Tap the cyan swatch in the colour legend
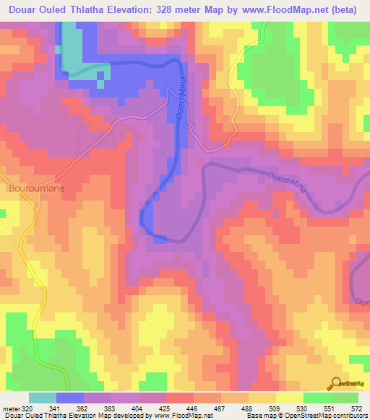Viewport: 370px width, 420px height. [43, 398]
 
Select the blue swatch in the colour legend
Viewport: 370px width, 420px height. [70, 398]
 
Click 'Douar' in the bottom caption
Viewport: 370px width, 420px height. [14, 415]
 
